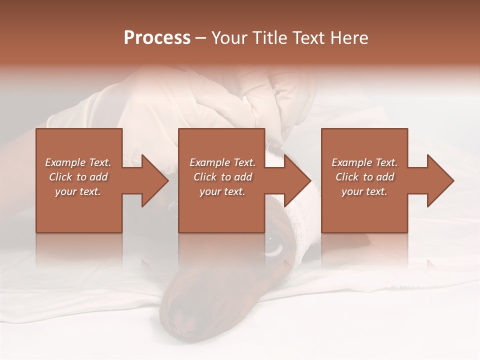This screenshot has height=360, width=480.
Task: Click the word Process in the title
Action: point(157,38)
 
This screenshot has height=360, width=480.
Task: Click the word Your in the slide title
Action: point(229,38)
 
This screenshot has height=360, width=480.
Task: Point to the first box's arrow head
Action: point(155,180)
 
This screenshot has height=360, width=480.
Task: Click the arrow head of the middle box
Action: point(297,180)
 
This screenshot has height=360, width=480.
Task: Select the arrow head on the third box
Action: point(440,180)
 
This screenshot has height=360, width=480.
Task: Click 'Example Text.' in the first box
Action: point(78,162)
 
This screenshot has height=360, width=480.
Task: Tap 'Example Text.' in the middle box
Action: point(222,162)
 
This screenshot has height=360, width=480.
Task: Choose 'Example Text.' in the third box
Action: point(364,162)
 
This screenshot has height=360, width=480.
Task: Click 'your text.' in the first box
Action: point(78,191)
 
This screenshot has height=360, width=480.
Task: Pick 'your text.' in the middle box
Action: point(222,191)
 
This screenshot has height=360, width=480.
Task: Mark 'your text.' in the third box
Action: point(364,191)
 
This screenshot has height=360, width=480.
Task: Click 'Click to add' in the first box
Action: point(78,177)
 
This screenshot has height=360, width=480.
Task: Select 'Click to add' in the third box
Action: point(364,177)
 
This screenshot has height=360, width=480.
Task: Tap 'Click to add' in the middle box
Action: point(222,177)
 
